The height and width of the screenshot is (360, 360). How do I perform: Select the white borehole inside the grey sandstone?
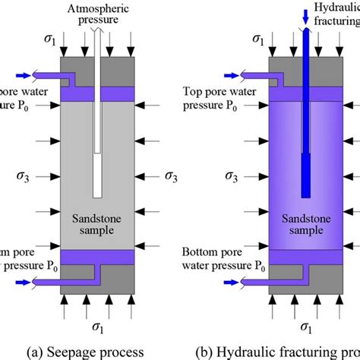[x=97, y=152]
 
